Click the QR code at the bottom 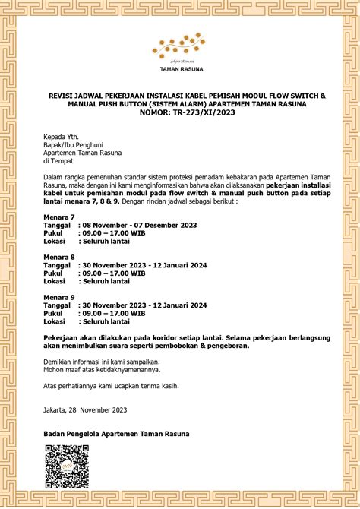click(62, 465)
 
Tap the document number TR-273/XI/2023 click(180, 112)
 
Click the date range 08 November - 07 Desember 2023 click(139, 225)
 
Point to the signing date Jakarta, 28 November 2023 click(84, 410)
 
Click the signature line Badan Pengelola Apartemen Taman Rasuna click(116, 433)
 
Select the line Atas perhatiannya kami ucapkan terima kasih click(111, 386)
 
